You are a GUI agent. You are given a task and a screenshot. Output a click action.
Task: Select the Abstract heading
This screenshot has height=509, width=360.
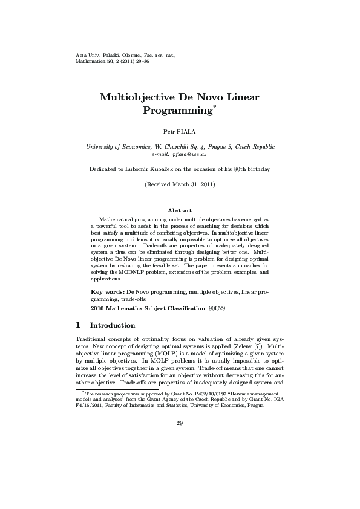[180, 210]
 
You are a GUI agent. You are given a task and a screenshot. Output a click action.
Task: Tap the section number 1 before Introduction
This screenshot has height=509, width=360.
[78, 325]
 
